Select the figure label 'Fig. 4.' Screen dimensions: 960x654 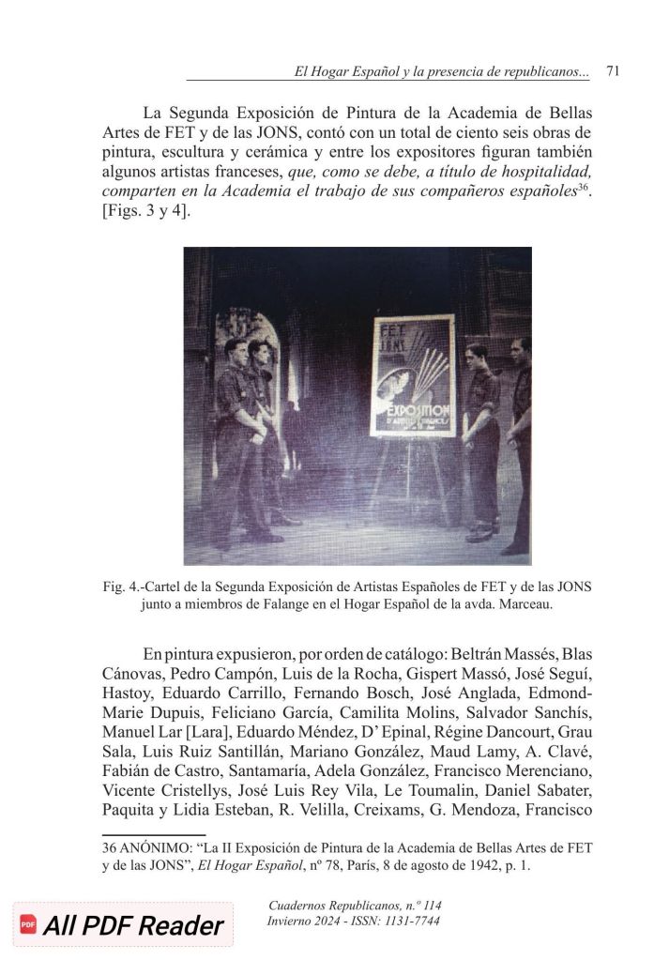click(x=120, y=587)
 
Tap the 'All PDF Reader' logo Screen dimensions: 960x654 click(x=122, y=925)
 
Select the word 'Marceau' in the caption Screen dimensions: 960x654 click(x=525, y=605)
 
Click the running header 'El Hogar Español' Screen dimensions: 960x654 click(x=345, y=71)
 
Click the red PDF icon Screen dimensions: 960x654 click(x=28, y=925)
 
